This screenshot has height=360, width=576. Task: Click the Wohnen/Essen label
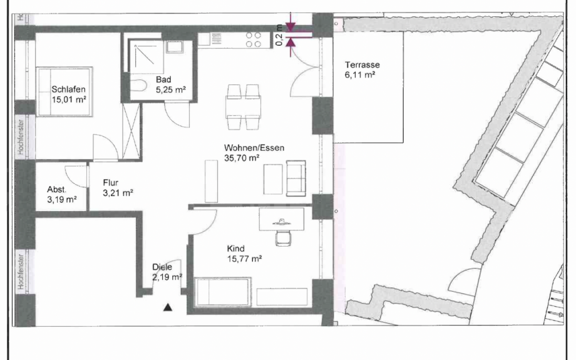tap(254, 148)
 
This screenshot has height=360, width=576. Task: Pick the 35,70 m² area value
tap(242, 159)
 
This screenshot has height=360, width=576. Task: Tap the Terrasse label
tap(363, 64)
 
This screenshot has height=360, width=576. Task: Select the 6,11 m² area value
tap(360, 75)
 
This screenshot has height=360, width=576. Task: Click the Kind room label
tap(236, 248)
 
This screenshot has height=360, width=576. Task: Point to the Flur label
tap(111, 183)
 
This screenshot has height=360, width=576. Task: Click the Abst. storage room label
tap(56, 189)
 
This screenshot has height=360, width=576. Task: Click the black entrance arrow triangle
tap(167, 307)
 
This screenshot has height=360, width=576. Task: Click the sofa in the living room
tap(296, 177)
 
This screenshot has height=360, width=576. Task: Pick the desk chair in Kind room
tap(283, 236)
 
